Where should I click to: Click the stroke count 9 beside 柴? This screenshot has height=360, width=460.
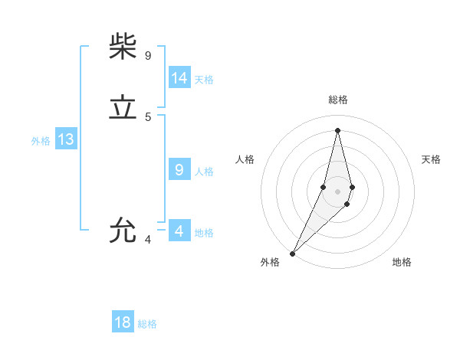click(148, 55)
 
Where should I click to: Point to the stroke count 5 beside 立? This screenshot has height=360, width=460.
click(148, 117)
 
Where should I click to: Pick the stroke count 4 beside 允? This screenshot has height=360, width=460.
click(148, 240)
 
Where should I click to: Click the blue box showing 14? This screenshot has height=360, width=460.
click(179, 78)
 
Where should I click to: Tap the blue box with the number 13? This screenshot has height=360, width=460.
click(65, 139)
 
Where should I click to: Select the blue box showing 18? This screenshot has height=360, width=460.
click(123, 322)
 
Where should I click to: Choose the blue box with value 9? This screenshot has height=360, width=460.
click(179, 170)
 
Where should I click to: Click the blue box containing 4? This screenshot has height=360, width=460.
click(179, 231)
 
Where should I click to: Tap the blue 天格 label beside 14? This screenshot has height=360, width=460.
click(204, 80)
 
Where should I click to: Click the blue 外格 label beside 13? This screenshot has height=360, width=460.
click(41, 141)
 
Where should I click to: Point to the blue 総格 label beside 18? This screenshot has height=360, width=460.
click(147, 324)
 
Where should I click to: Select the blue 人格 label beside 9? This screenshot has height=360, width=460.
click(204, 172)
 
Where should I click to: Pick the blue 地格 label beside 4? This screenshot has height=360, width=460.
click(204, 233)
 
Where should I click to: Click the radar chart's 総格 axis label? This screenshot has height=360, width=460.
click(338, 100)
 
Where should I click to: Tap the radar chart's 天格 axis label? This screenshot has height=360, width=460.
click(432, 159)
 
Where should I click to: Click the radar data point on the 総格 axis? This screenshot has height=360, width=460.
click(337, 129)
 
